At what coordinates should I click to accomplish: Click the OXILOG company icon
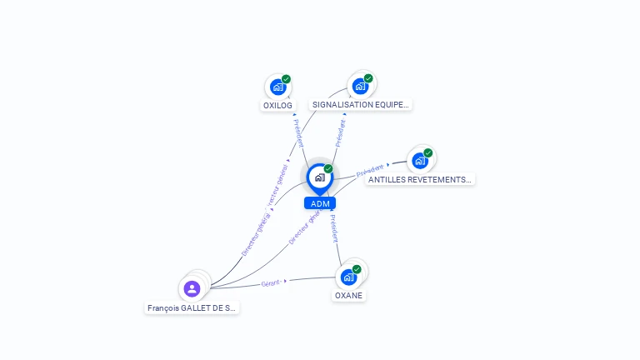[277, 87]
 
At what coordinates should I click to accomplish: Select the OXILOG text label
[277, 106]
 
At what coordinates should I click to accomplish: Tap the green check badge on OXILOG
[286, 79]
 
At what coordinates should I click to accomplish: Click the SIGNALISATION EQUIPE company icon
[360, 86]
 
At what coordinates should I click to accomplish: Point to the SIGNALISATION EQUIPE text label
[361, 105]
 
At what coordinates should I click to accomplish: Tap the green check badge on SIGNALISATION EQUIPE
[368, 78]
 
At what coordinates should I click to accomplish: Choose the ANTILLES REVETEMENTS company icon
[420, 160]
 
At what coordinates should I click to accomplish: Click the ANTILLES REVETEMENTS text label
[420, 179]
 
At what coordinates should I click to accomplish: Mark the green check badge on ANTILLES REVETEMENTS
[428, 152]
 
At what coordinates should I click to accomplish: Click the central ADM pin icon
[319, 177]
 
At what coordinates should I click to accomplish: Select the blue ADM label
[320, 203]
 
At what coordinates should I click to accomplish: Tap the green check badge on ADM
[328, 168]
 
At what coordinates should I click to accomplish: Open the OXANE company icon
[349, 277]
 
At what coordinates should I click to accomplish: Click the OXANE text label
[349, 296]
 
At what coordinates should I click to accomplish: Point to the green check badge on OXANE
[357, 269]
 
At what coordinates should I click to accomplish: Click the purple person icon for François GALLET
[192, 288]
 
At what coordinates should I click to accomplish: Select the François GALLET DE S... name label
[192, 307]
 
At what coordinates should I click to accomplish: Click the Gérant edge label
[271, 282]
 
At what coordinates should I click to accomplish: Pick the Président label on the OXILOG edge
[298, 132]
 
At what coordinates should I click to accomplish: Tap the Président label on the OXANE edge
[333, 227]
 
